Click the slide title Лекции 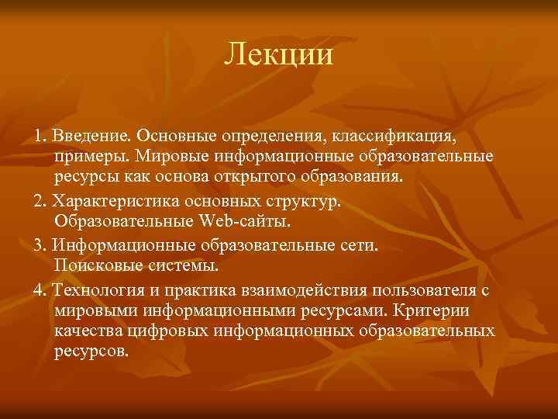279,55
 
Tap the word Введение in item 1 88,137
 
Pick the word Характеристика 115,201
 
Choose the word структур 308,201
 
